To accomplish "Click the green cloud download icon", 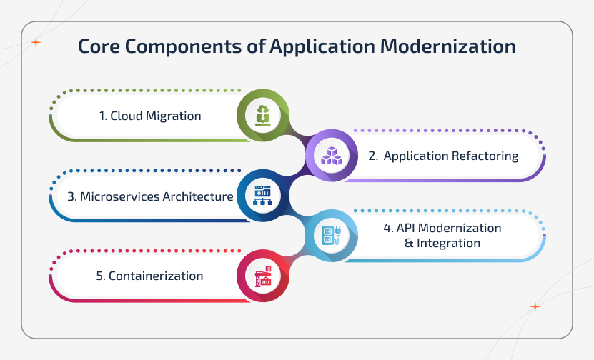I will point(263,115).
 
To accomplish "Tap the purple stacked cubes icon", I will point(332,155).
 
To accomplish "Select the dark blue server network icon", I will point(263,195).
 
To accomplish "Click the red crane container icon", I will point(263,276).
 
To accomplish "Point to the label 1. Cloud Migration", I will point(150,116).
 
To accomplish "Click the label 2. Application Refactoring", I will point(443,156).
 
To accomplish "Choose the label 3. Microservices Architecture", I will point(150,196).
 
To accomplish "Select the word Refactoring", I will point(483,156).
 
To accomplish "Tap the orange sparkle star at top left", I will point(36,43).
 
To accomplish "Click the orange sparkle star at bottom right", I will point(535,306).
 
